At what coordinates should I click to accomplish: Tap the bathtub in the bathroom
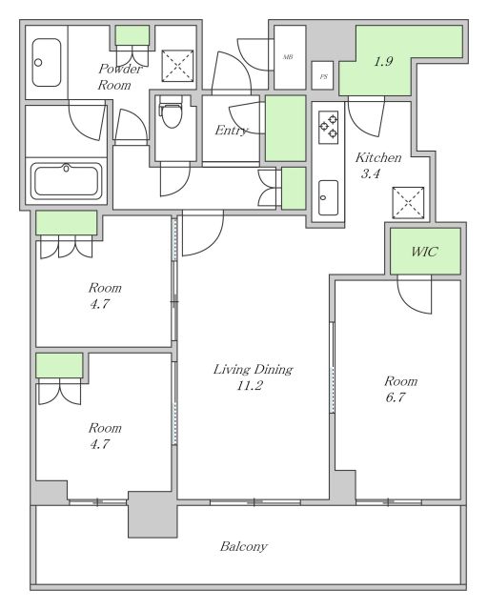pyautogui.click(x=66, y=181)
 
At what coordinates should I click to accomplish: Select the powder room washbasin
pyautogui.click(x=47, y=62)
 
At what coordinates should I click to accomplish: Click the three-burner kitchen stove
pyautogui.click(x=329, y=127)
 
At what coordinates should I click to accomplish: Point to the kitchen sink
pyautogui.click(x=328, y=197)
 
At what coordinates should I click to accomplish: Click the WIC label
pyautogui.click(x=424, y=252)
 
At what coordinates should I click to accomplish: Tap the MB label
pyautogui.click(x=288, y=57)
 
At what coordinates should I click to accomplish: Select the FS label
pyautogui.click(x=323, y=76)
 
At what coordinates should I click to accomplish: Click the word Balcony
pyautogui.click(x=244, y=546)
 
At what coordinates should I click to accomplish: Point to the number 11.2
pyautogui.click(x=250, y=385)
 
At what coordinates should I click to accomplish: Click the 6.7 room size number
pyautogui.click(x=396, y=397)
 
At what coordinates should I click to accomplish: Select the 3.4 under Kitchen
pyautogui.click(x=370, y=173)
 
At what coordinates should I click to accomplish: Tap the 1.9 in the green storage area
pyautogui.click(x=383, y=61)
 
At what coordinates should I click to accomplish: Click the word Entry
pyautogui.click(x=232, y=131)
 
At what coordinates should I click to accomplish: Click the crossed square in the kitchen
pyautogui.click(x=408, y=203)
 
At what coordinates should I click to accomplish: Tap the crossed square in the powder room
pyautogui.click(x=178, y=66)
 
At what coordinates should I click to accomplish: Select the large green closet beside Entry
pyautogui.click(x=286, y=129)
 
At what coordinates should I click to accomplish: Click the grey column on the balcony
pyautogui.click(x=152, y=515)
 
